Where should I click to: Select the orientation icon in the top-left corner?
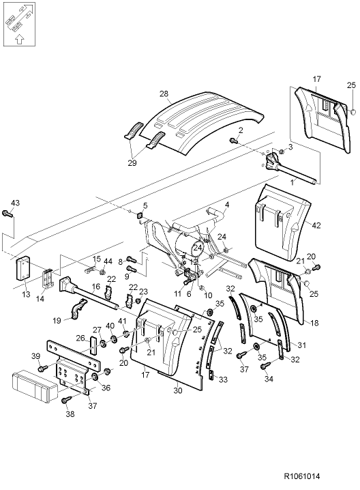click(19, 24)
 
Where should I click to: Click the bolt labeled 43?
click(7, 215)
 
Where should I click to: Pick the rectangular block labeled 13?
click(24, 267)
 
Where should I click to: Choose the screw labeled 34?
click(265, 366)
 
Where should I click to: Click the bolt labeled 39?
click(43, 369)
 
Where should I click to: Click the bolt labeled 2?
click(232, 140)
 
